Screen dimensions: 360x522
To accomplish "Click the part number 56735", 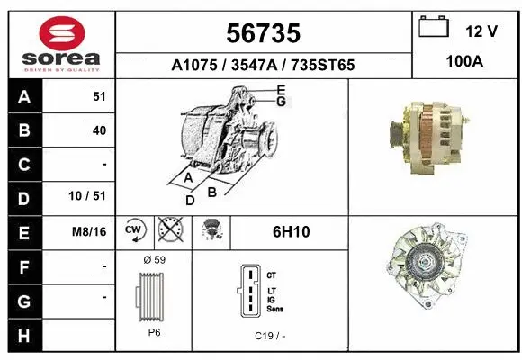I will pos(263,33).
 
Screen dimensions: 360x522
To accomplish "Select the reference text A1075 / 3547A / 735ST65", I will pos(263,66).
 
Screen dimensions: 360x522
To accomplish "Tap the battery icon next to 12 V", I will pos(434,29).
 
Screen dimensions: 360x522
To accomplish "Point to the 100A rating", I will pos(466,64).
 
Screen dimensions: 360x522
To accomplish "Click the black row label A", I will pos(23,96).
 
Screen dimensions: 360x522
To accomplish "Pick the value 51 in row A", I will pos(99,96).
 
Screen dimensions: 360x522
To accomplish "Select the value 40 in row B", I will pos(99,130).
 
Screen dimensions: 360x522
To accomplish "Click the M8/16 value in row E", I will pos(90,232).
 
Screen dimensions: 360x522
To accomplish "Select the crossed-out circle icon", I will pos(168,231).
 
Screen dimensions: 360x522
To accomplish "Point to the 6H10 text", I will pos(291,232).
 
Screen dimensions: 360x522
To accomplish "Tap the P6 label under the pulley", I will pos(155,330).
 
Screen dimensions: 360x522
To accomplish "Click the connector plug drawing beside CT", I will pos(249,291).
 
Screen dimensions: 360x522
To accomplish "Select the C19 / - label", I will pos(269,335).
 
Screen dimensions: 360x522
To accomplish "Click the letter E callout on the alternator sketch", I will pos(281,89).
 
